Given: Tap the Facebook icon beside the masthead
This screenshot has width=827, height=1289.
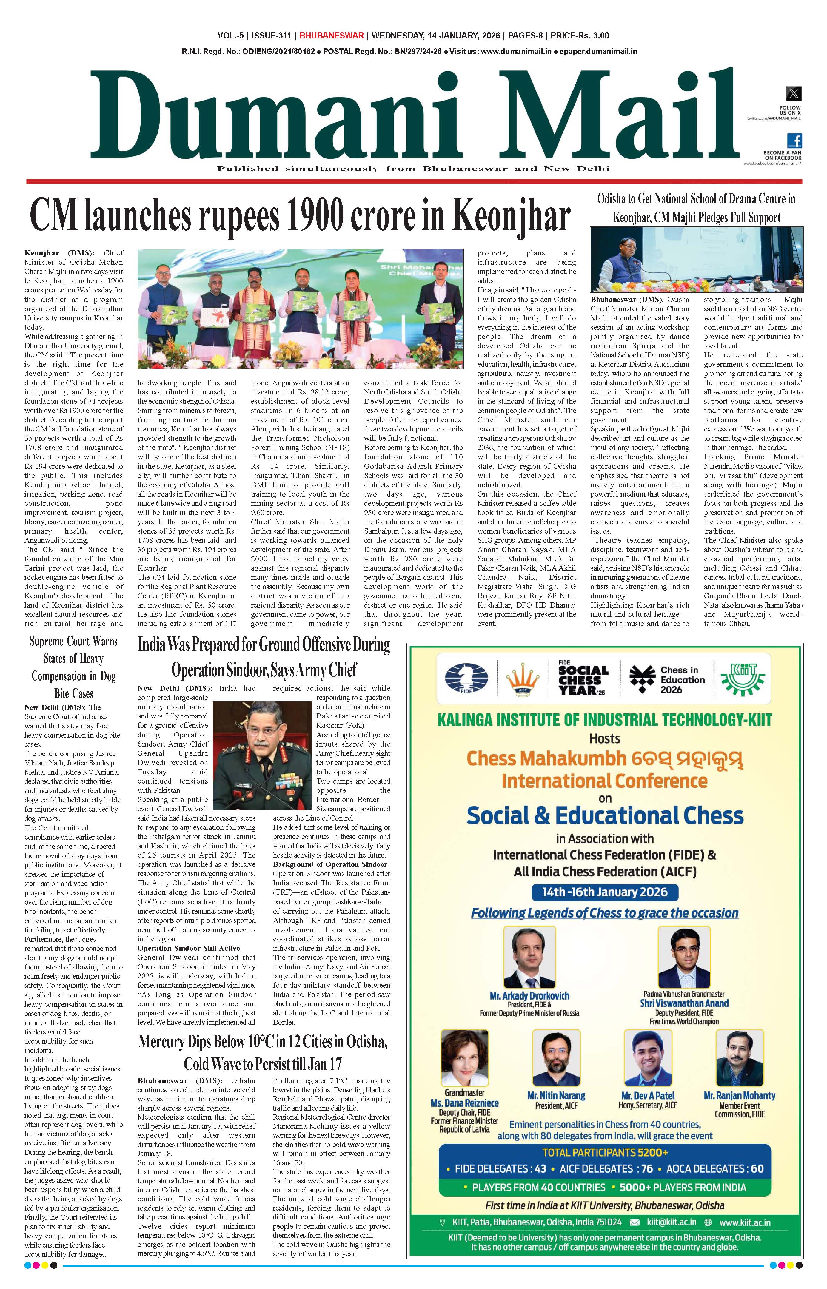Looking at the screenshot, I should pyautogui.click(x=794, y=141).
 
